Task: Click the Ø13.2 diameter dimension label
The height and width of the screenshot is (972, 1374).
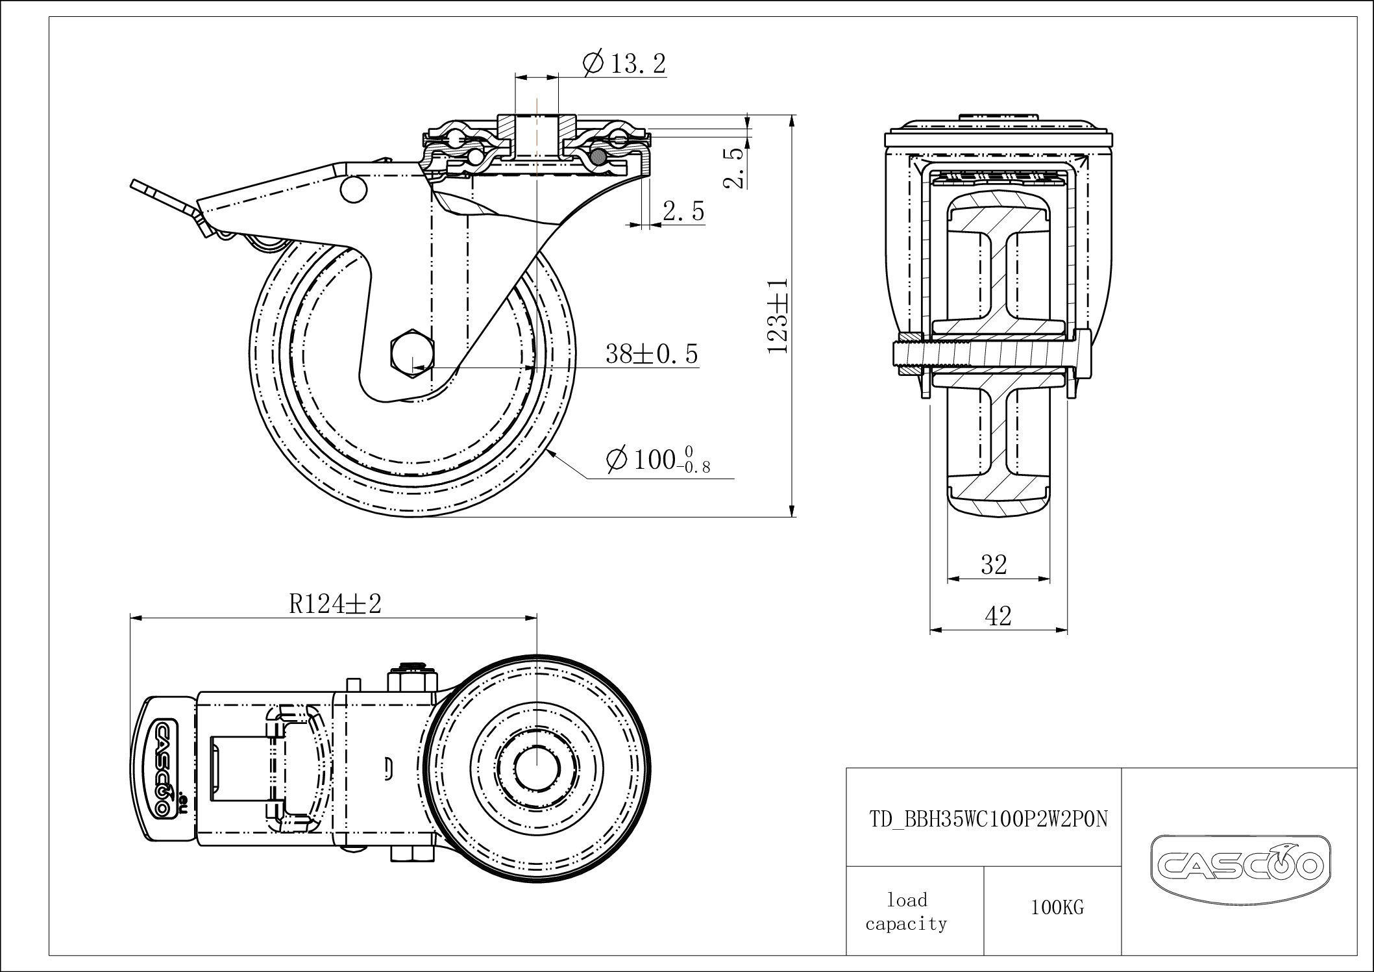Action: pyautogui.click(x=624, y=64)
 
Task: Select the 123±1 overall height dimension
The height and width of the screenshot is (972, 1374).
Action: pyautogui.click(x=778, y=316)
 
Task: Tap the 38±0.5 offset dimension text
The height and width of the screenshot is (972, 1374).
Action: pyautogui.click(x=652, y=354)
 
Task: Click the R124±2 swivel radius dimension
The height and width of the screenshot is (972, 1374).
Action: pyautogui.click(x=335, y=604)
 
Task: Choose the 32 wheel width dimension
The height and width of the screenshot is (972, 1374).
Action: pyautogui.click(x=994, y=565)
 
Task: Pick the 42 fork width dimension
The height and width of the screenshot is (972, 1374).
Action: pyautogui.click(x=998, y=616)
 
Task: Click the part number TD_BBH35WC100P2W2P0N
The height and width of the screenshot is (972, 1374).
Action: pyautogui.click(x=988, y=819)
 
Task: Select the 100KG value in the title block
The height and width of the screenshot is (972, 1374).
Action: pyautogui.click(x=1057, y=908)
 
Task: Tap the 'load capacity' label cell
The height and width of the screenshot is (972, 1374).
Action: pyautogui.click(x=907, y=912)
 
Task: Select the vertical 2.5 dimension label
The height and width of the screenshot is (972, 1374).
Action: pyautogui.click(x=733, y=168)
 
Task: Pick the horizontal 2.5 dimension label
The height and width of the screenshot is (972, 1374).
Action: pyautogui.click(x=683, y=211)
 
